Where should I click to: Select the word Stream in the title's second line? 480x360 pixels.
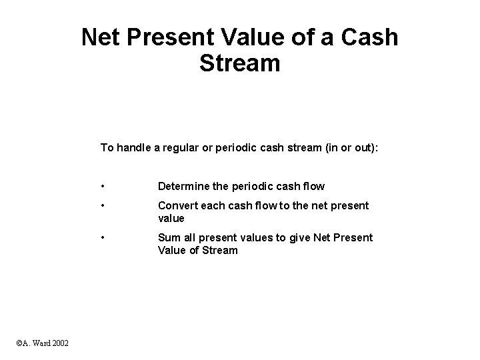[239, 64]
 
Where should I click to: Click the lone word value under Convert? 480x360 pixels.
[171, 218]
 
